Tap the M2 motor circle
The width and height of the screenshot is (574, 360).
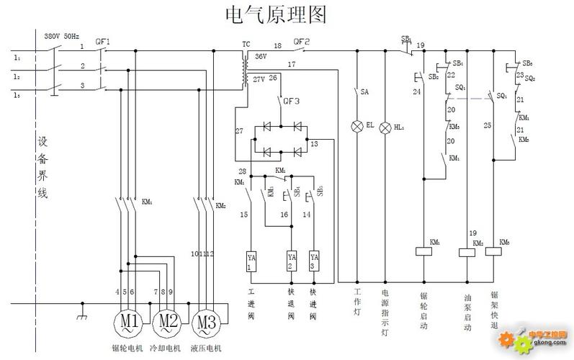click(167, 320)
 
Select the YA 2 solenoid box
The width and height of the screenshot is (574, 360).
click(292, 261)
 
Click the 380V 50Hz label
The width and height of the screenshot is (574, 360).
click(61, 35)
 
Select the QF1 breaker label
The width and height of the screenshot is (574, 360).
click(104, 42)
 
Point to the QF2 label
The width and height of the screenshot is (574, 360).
click(302, 41)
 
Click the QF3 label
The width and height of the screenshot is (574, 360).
click(291, 101)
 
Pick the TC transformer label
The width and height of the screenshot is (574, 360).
click(246, 44)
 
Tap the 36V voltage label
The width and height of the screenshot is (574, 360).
click(261, 55)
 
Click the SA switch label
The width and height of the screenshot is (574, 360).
click(364, 92)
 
